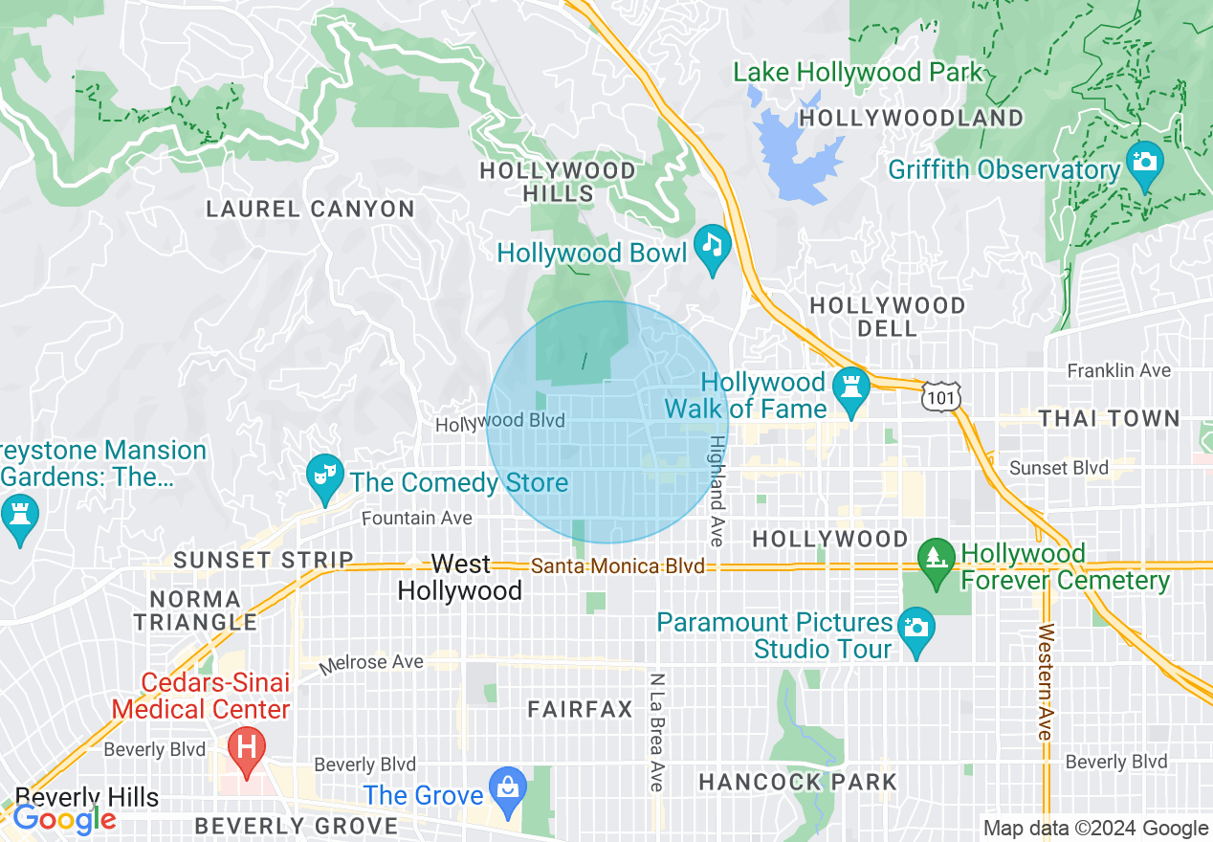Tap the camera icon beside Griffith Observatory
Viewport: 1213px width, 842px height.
pos(1144,161)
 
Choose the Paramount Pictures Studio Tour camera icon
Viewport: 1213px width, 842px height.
pos(916,628)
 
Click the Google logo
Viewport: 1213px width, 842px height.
pos(65,819)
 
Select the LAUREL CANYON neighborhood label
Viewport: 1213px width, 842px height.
pos(311,209)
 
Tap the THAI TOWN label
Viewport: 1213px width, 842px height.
pos(1109,418)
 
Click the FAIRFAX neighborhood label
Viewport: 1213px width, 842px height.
pos(581,709)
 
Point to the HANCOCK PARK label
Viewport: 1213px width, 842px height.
pos(798,782)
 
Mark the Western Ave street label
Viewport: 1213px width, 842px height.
pos(1045,681)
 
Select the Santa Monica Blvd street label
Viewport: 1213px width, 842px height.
pos(618,566)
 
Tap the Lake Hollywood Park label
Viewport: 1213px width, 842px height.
pos(857,72)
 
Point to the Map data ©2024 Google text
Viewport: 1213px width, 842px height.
pos(1096,829)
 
